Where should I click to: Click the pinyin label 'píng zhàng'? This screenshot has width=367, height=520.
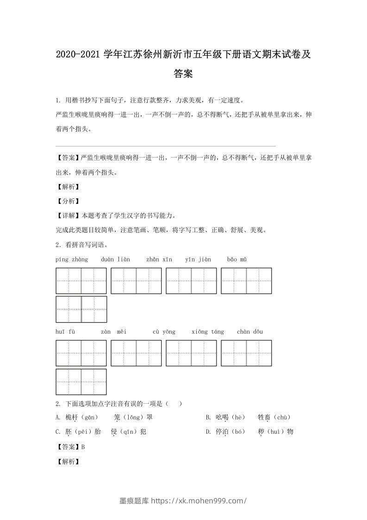click(x=71, y=259)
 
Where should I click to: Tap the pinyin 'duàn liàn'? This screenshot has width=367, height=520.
click(x=115, y=259)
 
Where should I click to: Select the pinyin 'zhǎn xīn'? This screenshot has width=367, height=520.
click(x=159, y=259)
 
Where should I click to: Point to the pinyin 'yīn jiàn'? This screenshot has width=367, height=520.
click(x=198, y=259)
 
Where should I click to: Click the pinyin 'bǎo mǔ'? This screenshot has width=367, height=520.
click(x=237, y=259)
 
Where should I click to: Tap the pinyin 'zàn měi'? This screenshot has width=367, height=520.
click(x=114, y=331)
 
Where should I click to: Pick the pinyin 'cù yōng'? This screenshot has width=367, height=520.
click(x=164, y=331)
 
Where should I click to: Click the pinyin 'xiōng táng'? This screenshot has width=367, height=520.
click(x=208, y=331)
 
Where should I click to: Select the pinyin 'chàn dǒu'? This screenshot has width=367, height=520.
click(x=250, y=331)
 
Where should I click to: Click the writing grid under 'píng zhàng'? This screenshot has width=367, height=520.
click(x=81, y=281)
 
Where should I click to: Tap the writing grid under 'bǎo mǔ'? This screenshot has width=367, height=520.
click(x=246, y=281)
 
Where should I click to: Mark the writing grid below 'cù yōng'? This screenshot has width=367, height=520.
click(x=191, y=353)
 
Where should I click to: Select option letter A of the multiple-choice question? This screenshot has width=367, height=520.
click(x=58, y=417)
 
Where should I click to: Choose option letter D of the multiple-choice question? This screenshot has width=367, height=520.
click(x=208, y=431)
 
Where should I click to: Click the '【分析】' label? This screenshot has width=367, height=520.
click(x=68, y=201)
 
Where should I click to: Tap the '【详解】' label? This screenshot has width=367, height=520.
click(x=68, y=216)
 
